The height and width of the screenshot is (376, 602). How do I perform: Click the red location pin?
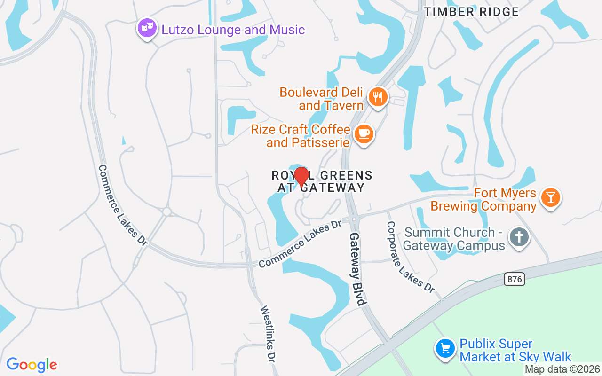tap(301, 177)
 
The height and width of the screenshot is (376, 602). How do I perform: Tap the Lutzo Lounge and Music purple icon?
tap(147, 28)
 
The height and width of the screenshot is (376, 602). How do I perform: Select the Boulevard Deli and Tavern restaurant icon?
tap(378, 97)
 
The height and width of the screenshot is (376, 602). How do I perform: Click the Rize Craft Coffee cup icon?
tap(364, 134)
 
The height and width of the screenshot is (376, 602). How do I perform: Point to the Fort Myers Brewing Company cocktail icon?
tap(550, 197)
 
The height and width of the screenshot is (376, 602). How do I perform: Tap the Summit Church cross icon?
tap(519, 237)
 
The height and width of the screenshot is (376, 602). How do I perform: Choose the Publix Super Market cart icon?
tap(445, 349)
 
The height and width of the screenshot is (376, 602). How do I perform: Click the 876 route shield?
tap(515, 279)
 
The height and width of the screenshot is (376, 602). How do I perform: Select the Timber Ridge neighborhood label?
tap(471, 12)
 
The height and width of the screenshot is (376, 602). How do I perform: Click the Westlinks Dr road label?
tap(268, 334)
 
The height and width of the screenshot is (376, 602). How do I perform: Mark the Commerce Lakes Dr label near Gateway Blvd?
tap(300, 243)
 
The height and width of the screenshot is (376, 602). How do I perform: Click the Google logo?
tap(32, 365)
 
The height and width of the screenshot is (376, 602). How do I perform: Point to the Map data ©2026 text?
tap(562, 369)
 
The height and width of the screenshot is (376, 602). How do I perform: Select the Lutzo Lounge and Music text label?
tap(233, 30)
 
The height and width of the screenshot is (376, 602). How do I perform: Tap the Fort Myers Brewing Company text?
tap(483, 200)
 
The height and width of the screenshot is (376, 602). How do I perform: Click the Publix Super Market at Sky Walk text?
tap(515, 351)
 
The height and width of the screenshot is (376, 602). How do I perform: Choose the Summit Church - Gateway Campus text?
tap(454, 239)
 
